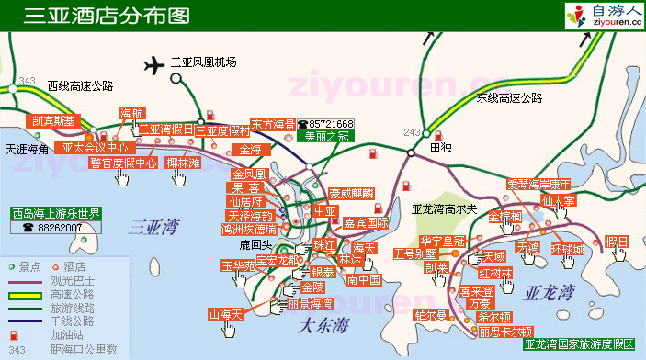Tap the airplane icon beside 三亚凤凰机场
coord(153,65)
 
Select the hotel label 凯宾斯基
coord(53,120)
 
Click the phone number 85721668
coord(331,124)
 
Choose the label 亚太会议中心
coord(95,147)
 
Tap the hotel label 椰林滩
coord(184,163)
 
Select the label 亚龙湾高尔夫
coord(445,208)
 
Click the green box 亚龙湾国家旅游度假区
coord(578,345)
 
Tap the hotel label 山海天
coord(225,315)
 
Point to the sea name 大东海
coord(325,322)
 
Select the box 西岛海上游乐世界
coord(55,214)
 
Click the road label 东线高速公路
coord(509,99)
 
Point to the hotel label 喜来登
coord(475,290)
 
